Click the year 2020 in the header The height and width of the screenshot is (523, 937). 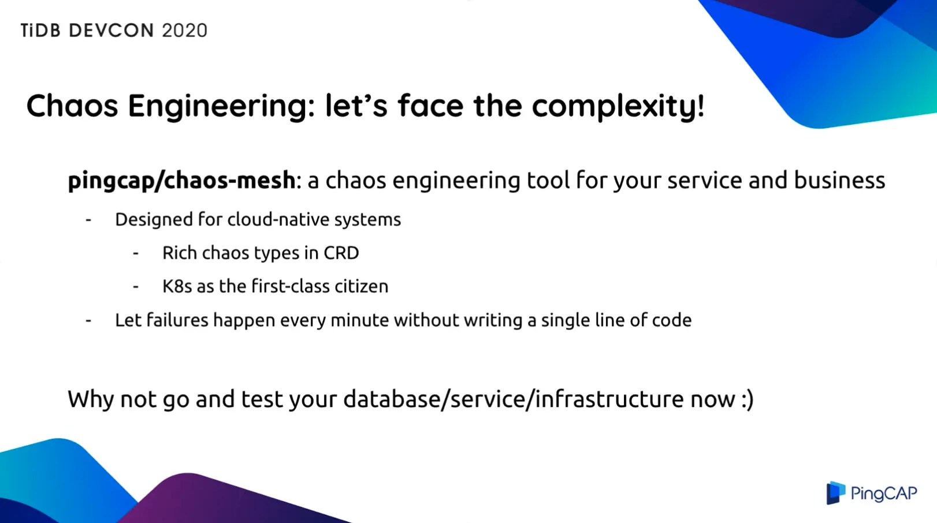point(184,31)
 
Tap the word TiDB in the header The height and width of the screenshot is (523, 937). point(40,31)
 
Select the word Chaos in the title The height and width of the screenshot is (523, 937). point(72,106)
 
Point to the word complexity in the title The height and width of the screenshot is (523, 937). point(618,107)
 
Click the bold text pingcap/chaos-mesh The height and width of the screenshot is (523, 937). point(181,181)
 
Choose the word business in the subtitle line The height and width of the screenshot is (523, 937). point(839,180)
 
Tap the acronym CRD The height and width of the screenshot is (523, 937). point(341,253)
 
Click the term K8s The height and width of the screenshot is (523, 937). point(177,286)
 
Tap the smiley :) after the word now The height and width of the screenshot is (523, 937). point(747,399)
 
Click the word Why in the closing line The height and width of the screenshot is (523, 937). point(91,399)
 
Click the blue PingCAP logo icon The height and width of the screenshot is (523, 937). point(835,493)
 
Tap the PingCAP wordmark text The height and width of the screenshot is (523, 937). point(884,494)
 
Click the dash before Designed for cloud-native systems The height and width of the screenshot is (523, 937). point(88,219)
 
